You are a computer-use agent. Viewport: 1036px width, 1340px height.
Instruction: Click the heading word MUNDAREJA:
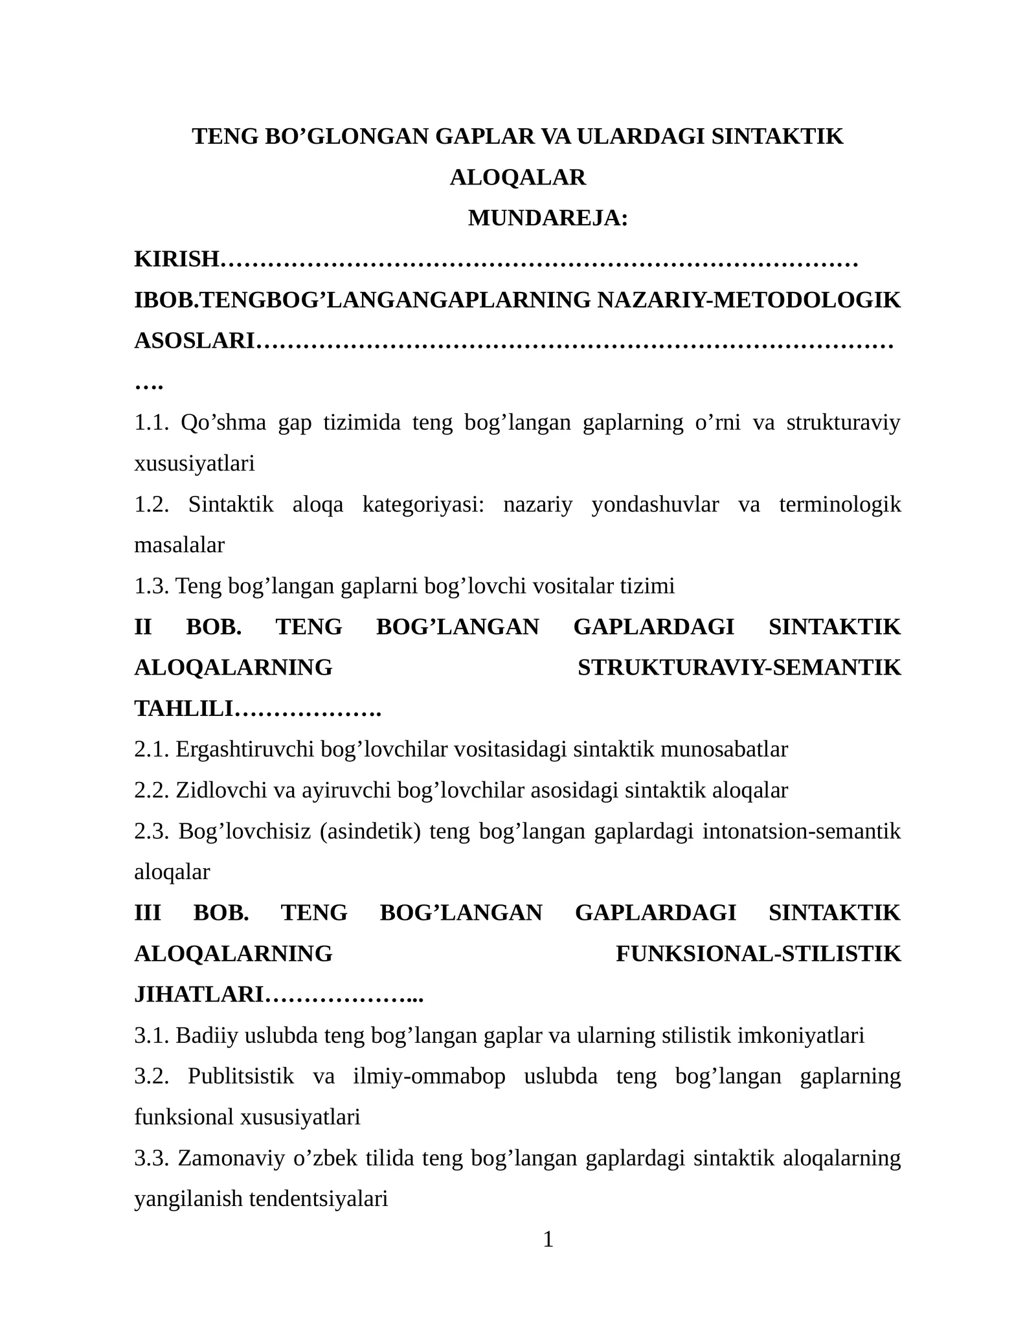click(x=548, y=218)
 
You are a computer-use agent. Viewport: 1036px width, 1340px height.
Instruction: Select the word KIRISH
click(x=177, y=259)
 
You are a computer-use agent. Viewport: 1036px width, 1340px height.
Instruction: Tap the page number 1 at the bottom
click(x=548, y=1239)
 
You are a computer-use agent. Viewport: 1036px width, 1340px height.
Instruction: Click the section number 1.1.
click(x=151, y=423)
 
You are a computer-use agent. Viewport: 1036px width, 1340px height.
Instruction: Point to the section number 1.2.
click(x=151, y=504)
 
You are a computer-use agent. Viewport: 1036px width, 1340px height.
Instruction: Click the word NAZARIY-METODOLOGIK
click(x=749, y=300)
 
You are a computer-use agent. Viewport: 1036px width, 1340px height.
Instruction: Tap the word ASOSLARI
click(x=194, y=341)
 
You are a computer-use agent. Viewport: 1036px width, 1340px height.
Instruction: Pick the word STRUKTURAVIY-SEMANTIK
click(x=739, y=667)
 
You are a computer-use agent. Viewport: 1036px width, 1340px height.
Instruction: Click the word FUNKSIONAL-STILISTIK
click(x=758, y=954)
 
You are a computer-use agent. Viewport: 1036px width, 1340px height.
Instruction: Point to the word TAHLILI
click(x=183, y=709)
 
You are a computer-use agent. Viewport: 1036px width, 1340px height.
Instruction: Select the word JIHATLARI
click(x=199, y=994)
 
